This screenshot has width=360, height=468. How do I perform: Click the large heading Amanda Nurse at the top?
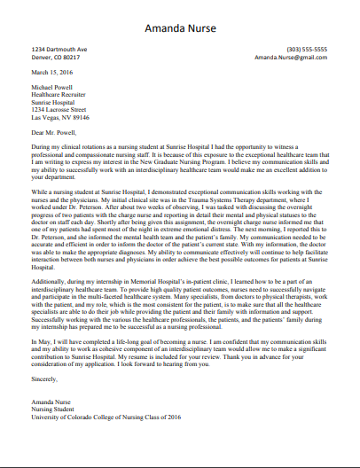(x=180, y=27)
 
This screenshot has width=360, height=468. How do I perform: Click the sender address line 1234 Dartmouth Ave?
(x=59, y=49)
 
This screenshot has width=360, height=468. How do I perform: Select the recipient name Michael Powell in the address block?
(x=54, y=89)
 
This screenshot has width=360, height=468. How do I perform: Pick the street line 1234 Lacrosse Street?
(x=61, y=110)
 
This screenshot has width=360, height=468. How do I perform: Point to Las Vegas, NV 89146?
(x=60, y=117)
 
